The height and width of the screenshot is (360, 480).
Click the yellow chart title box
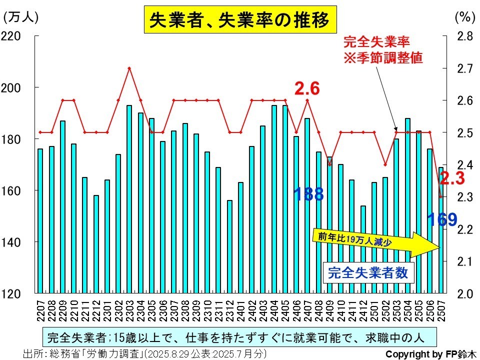[x=240, y=19]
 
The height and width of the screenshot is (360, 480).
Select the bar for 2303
[x=129, y=199]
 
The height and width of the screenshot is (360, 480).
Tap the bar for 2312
[x=229, y=246]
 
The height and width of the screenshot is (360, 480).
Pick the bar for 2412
[x=363, y=249]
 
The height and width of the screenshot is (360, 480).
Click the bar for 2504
[x=408, y=205]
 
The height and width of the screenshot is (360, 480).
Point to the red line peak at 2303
[x=129, y=68]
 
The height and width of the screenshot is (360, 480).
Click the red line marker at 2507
[x=441, y=196]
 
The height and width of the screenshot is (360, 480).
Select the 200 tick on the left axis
[x=10, y=88]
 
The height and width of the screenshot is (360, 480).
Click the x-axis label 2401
[x=241, y=310]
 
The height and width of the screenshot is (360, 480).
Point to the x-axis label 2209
[x=62, y=310]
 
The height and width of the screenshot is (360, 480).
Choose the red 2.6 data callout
[x=307, y=88]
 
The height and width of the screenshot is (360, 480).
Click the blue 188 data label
[x=308, y=194]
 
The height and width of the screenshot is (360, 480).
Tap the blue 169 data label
[x=442, y=219]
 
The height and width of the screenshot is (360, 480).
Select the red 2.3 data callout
[x=452, y=178]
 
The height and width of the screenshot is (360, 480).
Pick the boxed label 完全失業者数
[x=368, y=273]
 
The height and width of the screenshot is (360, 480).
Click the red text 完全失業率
[x=376, y=42]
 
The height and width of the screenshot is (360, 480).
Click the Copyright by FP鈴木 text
[x=431, y=354]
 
